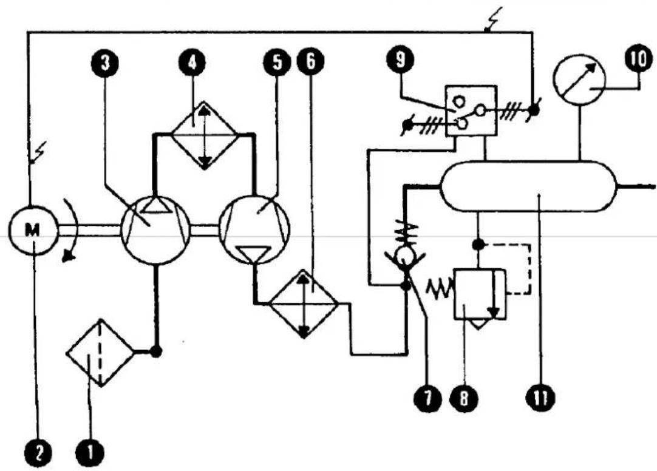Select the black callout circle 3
[105, 63]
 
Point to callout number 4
[192, 63]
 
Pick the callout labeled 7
[427, 398]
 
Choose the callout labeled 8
[463, 398]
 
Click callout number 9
[401, 59]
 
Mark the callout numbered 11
[540, 398]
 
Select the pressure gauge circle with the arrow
[579, 80]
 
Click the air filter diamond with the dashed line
[100, 353]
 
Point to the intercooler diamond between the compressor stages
[204, 135]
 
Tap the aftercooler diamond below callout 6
[304, 303]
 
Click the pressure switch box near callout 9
[471, 110]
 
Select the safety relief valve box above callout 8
[480, 294]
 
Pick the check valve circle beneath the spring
[405, 254]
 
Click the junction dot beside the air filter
[156, 352]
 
